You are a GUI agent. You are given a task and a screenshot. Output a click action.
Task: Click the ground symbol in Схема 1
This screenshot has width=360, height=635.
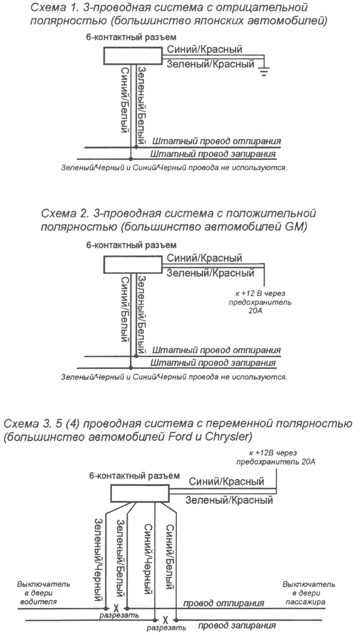[x=264, y=72]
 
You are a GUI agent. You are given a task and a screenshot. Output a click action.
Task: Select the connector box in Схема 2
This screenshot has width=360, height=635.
[x=133, y=264]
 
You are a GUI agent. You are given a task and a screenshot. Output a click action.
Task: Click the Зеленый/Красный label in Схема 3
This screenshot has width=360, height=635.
[x=229, y=499]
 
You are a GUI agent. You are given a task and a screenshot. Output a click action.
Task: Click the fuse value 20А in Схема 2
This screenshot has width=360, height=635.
[x=256, y=311]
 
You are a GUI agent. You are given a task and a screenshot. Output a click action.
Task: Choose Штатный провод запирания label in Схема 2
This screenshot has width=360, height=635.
[x=213, y=362]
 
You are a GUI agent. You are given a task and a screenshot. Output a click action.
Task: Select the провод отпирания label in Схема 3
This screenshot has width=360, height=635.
[x=224, y=603]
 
